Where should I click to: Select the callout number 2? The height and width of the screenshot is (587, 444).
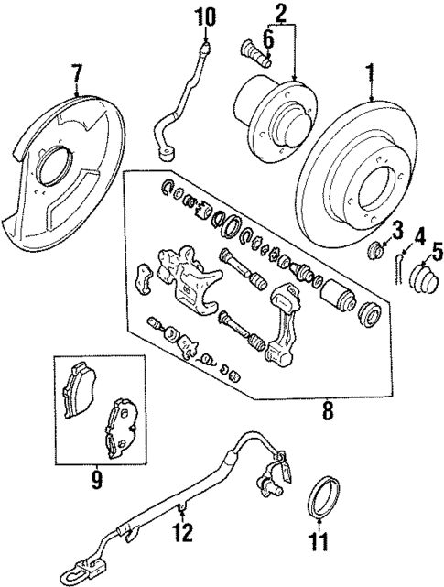(x=281, y=12)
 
